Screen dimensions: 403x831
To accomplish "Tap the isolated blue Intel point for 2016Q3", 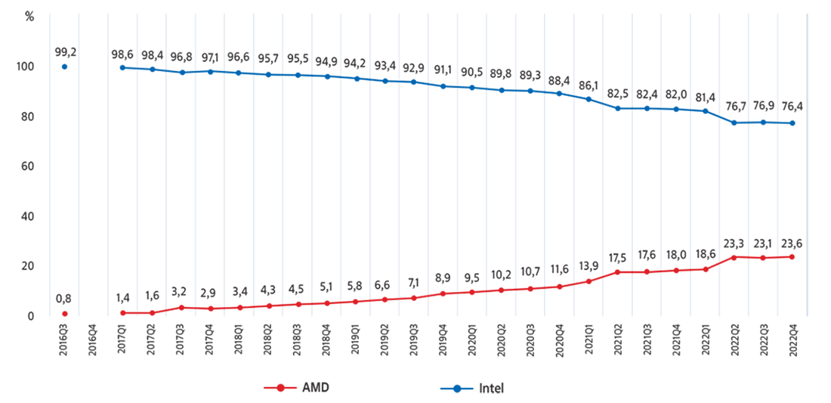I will tap(65, 67).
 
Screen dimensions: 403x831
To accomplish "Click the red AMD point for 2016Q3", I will tap(65, 314).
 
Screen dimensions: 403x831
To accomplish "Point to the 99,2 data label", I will tap(66, 51).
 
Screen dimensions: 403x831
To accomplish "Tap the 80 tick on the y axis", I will tap(27, 116).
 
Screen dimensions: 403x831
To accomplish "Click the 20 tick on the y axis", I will tap(27, 266).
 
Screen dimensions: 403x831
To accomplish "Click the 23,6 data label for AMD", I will tap(792, 243).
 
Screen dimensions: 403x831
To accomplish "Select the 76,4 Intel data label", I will tap(792, 107).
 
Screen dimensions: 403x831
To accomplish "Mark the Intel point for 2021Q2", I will tap(618, 108).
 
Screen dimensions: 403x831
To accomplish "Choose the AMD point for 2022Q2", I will tap(734, 257).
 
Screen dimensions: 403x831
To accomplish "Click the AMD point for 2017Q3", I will tap(181, 307).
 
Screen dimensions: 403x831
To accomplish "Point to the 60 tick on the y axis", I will tap(27, 166).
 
